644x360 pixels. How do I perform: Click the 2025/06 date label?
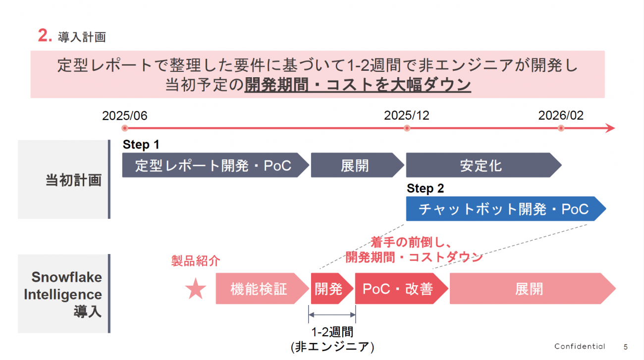coord(125,116)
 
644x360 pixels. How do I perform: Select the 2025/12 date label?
coord(407,116)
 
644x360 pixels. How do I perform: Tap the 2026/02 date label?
coord(561,116)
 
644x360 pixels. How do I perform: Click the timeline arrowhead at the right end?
coord(610,128)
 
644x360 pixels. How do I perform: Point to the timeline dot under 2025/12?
coord(407,128)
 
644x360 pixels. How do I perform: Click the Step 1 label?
coord(141,145)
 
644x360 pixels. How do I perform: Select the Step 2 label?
coord(426,189)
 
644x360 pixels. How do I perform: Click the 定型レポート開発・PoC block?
coord(213,165)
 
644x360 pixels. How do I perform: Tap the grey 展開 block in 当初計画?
coord(355,165)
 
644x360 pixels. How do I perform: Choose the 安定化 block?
coord(481,165)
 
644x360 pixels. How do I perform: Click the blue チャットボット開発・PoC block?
coord(503,209)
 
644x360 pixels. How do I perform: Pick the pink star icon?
coord(196,289)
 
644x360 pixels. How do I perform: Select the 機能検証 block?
coord(259,289)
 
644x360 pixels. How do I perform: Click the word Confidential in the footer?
coord(580,346)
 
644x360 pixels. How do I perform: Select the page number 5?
coord(625,346)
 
